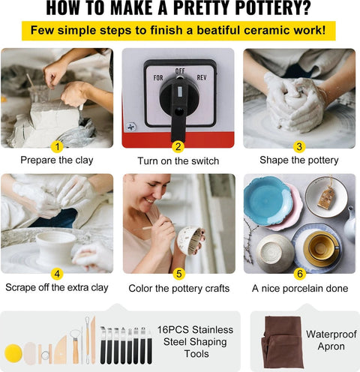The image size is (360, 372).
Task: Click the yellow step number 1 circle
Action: pyautogui.click(x=57, y=146)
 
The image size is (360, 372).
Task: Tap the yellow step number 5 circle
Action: pyautogui.click(x=178, y=274)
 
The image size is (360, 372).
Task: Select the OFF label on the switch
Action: pyautogui.click(x=180, y=71)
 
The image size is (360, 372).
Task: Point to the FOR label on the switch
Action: pyautogui.click(x=158, y=78)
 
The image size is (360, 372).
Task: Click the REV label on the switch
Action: pyautogui.click(x=202, y=77)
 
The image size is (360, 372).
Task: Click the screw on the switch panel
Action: pyautogui.click(x=131, y=127)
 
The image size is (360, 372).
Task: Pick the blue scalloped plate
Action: pyautogui.click(x=267, y=200)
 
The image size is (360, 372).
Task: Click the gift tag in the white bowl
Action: pyautogui.click(x=325, y=197)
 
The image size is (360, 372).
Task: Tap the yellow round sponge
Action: pyautogui.click(x=13, y=353)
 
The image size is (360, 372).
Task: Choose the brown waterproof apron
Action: pyautogui.click(x=283, y=342)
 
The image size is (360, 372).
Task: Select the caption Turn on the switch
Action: pyautogui.click(x=178, y=161)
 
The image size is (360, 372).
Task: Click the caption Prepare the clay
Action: pyautogui.click(x=57, y=160)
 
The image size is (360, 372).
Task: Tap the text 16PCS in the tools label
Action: pyautogui.click(x=172, y=329)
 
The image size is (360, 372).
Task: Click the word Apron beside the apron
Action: pyautogui.click(x=331, y=346)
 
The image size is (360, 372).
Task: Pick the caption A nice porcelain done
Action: pyautogui.click(x=300, y=288)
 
